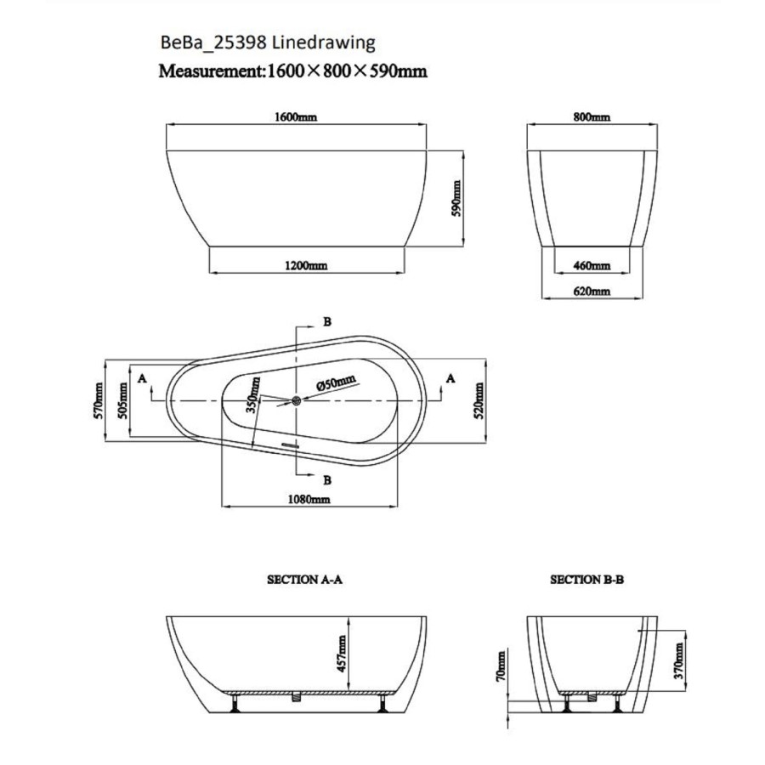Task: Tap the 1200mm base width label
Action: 307,266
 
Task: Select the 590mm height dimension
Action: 456,197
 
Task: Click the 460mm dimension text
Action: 592,266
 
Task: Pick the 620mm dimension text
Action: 592,291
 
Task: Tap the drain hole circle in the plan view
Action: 296,399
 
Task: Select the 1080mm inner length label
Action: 309,500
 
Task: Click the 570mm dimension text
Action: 99,399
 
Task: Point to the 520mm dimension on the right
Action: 480,399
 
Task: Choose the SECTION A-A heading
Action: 304,580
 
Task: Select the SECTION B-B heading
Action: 587,580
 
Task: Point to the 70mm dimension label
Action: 501,666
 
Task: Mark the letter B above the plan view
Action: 326,321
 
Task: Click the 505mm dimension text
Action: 125,399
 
